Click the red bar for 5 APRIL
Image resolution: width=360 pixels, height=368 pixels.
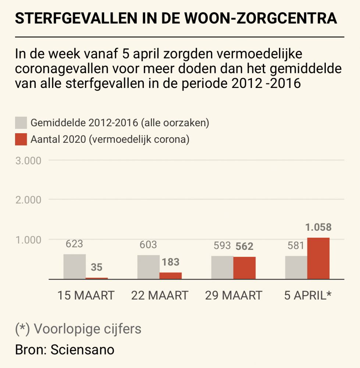(x=318, y=258)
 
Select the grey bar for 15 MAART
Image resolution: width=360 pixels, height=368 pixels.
(x=75, y=266)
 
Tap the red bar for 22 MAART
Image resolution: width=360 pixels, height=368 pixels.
(x=170, y=276)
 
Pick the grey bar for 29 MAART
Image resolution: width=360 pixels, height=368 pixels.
(x=222, y=268)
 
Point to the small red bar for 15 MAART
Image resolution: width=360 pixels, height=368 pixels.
(x=97, y=278)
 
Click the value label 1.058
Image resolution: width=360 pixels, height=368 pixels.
(x=318, y=227)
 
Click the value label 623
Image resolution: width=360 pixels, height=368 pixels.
(x=74, y=244)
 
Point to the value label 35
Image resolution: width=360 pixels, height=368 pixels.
(x=97, y=267)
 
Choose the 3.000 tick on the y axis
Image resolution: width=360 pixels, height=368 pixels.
(x=28, y=160)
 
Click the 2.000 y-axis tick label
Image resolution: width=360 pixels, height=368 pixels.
(x=28, y=200)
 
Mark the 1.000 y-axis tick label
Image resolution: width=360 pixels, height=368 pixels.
(x=28, y=240)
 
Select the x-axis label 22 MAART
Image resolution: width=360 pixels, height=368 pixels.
(x=160, y=296)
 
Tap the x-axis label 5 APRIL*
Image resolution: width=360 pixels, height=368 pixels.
(x=308, y=296)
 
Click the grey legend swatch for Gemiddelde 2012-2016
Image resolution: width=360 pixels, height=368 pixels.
(x=21, y=123)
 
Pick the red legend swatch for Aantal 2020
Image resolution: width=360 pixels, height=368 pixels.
(x=21, y=140)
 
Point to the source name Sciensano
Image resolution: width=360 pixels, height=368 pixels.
(x=82, y=350)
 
